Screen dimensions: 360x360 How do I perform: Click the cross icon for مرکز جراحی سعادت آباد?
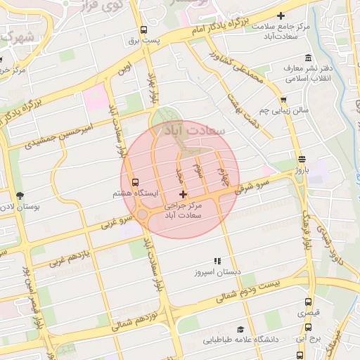coord(184,193)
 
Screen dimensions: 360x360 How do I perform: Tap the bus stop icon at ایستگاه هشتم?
coord(136,182)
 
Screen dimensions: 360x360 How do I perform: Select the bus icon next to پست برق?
coord(143,30)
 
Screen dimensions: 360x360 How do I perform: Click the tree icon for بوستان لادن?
coord(19,196)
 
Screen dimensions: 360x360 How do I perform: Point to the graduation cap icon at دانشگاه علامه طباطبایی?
coord(240,329)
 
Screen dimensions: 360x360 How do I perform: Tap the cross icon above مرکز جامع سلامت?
coord(282,15)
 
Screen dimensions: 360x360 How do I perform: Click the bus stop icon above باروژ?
coord(302,159)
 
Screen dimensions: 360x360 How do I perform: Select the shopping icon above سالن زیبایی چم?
coord(283,100)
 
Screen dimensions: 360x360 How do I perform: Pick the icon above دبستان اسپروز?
coord(217,260)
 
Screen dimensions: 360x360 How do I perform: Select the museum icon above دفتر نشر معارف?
coord(307,58)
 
